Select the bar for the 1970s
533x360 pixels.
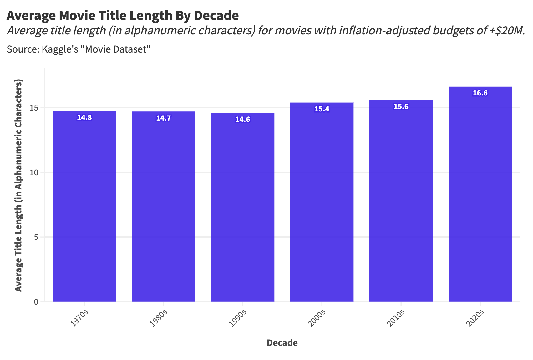84,207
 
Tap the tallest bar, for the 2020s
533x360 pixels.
480,194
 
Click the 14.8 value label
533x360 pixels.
84,118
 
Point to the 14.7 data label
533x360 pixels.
164,118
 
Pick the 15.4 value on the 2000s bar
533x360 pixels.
322,109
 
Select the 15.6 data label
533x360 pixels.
401,107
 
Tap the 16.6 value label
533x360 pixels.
480,93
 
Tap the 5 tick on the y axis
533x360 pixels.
36,237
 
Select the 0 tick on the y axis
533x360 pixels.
36,302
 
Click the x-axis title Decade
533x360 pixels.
282,343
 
